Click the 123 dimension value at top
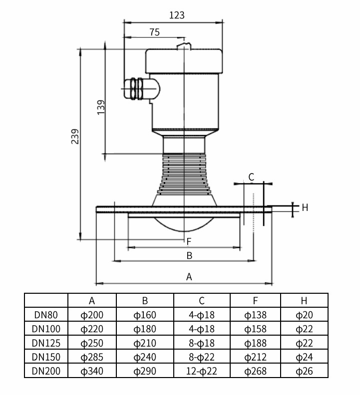[x=177, y=15]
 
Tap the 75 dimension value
[x=154, y=32]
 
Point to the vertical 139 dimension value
[x=101, y=107]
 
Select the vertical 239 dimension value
[x=75, y=137]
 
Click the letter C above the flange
[x=251, y=177]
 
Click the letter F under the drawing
[x=189, y=241]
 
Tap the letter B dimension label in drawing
[x=189, y=255]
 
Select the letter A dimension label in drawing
[x=189, y=277]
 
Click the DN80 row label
[x=45, y=315]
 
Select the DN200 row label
[x=45, y=371]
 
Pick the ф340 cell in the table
[x=92, y=371]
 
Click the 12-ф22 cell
[x=201, y=371]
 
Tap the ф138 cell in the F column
[x=255, y=315]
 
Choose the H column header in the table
[x=304, y=301]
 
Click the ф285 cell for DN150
[x=92, y=357]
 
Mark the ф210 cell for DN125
[x=145, y=343]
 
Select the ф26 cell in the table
[x=304, y=371]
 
